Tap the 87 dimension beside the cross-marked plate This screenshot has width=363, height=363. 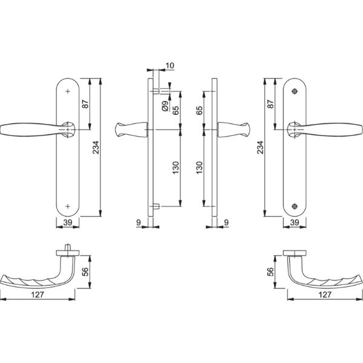click(85, 103)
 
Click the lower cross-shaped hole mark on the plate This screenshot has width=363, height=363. click(68, 205)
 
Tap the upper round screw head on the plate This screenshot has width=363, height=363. click(295, 91)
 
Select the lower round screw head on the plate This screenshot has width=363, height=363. click(295, 205)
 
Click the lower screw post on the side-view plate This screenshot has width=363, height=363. click(157, 207)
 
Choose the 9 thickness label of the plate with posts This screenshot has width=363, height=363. click(139, 223)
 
